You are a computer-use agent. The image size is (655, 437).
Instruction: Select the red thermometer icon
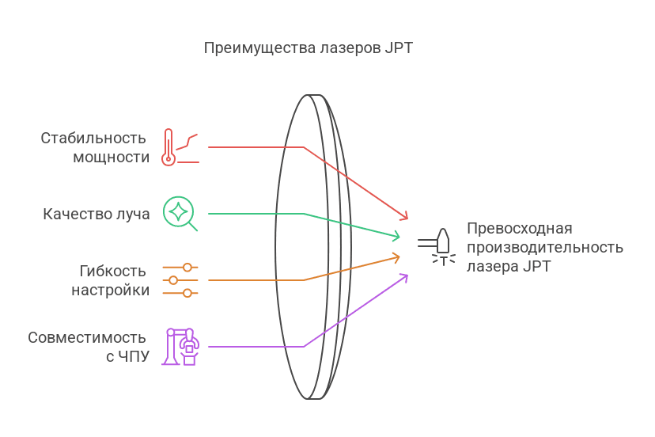[168, 147]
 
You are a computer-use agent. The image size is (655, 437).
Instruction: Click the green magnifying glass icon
[180, 212]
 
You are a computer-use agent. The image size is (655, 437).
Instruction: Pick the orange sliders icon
[180, 280]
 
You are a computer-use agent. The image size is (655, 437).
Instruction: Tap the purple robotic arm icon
[181, 346]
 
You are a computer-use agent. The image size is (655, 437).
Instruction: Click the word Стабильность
[95, 139]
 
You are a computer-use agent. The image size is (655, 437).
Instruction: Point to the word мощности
[111, 157]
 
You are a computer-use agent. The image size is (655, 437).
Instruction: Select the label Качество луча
[96, 214]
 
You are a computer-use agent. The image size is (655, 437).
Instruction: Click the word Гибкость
[113, 271]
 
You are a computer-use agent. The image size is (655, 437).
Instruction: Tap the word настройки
[110, 290]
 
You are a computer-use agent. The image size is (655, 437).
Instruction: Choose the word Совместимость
[88, 337]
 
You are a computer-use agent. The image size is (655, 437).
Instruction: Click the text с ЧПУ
[127, 356]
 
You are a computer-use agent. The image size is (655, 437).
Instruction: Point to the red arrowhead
[404, 215]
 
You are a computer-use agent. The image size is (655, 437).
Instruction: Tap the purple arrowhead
[403, 276]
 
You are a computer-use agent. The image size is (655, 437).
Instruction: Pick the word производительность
[544, 247]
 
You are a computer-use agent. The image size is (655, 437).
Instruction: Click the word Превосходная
[519, 228]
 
